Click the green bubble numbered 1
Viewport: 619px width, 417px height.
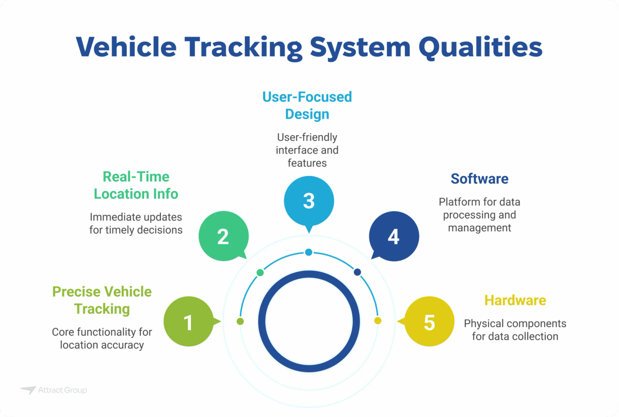[188, 322]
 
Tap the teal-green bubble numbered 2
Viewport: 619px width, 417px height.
[223, 236]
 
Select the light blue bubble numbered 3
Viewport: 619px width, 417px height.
[309, 200]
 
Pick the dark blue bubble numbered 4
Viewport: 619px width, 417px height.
[394, 236]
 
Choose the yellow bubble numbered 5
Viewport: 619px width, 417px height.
[429, 322]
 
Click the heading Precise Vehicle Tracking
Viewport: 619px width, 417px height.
[102, 300]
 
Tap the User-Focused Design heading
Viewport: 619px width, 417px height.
[307, 105]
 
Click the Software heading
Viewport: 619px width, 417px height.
[479, 179]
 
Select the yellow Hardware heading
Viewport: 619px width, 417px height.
[515, 300]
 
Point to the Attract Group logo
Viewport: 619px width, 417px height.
[54, 390]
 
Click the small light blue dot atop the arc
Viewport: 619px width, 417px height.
[308, 252]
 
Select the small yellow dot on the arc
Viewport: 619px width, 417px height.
[378, 321]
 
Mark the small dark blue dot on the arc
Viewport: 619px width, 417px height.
[357, 272]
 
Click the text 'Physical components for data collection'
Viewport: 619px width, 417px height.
[515, 330]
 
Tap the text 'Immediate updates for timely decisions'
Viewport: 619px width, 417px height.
[136, 223]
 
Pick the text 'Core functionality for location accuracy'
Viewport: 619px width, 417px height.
[102, 339]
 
